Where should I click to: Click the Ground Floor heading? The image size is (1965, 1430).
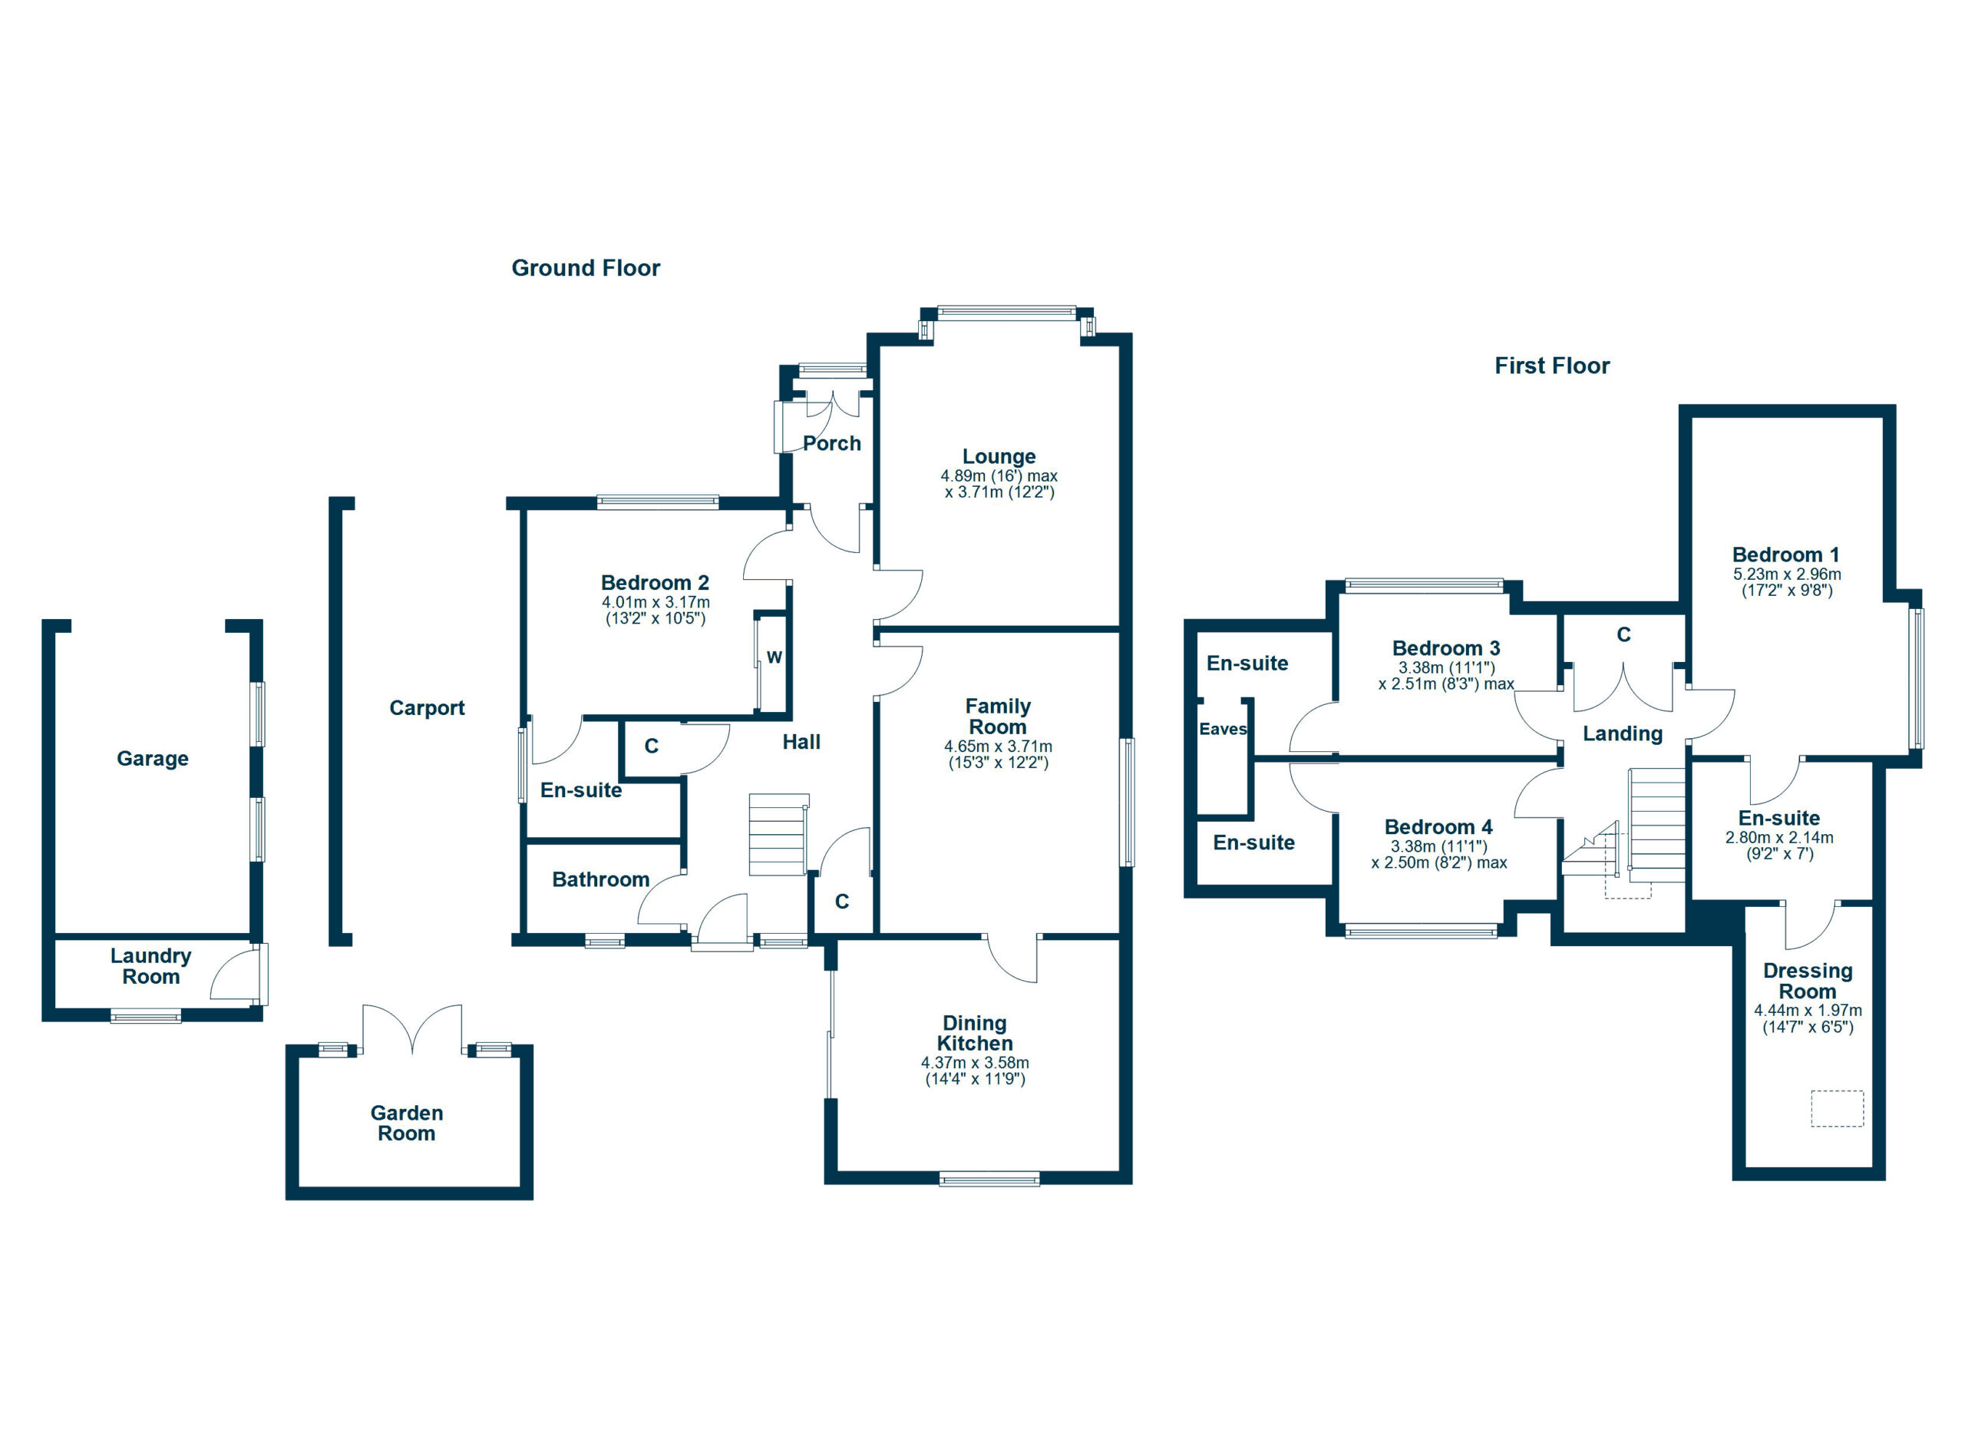tap(585, 268)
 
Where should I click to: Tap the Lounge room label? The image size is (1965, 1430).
tap(998, 457)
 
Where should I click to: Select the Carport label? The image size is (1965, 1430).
tap(426, 708)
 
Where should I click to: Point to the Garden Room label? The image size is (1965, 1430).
tap(406, 1124)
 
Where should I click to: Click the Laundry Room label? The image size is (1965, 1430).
tap(150, 965)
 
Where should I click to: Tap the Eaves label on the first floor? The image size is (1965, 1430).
tap(1222, 729)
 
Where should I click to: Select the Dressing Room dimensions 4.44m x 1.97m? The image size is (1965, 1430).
tap(1808, 1018)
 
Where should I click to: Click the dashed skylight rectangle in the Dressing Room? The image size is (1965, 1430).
tap(1837, 1108)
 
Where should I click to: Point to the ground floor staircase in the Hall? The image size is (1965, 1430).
tap(778, 834)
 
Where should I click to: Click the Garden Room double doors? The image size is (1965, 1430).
tap(412, 1030)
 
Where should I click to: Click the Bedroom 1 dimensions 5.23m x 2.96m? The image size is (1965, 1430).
tap(1786, 582)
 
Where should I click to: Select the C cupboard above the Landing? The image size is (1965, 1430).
tap(1623, 635)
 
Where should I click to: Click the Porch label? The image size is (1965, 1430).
tap(831, 444)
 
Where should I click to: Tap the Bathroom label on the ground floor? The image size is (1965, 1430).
tap(600, 879)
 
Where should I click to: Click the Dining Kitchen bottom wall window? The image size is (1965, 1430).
tap(989, 1178)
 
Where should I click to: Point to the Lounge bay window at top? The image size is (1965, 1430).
tap(1006, 313)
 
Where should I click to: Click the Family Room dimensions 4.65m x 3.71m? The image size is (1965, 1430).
tap(997, 754)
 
